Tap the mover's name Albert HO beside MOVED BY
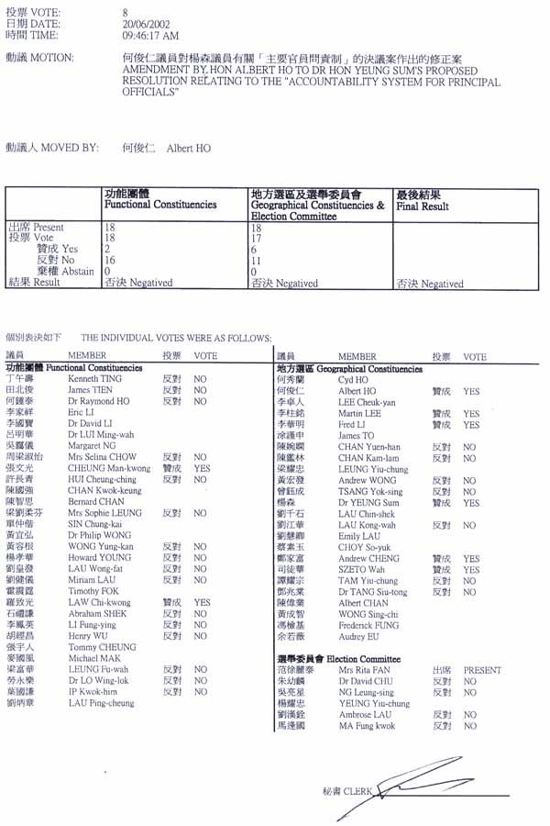tap(188, 147)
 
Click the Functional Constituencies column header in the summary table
tap(160, 205)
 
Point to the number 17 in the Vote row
tap(257, 238)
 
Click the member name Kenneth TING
tap(95, 378)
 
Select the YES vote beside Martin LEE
tap(471, 414)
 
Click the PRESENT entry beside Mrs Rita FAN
tap(482, 670)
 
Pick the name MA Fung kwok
tap(367, 726)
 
